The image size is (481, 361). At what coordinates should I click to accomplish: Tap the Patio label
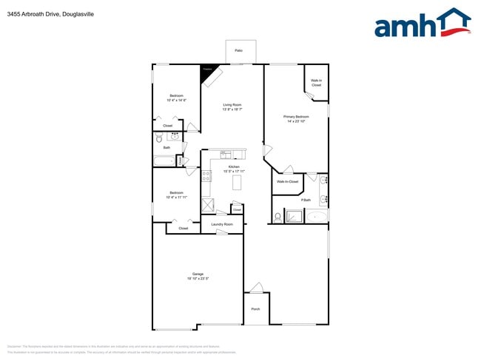[239, 50]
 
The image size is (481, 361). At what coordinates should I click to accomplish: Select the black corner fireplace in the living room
[206, 71]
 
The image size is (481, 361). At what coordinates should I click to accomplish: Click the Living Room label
[232, 105]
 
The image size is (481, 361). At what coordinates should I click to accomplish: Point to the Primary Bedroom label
[296, 117]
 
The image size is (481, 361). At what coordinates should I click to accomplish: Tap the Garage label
[198, 274]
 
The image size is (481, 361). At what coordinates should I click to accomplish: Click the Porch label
[255, 309]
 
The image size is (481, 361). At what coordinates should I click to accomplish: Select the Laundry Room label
[222, 224]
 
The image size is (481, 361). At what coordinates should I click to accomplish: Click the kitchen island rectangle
[237, 182]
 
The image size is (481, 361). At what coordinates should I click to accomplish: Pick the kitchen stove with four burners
[206, 176]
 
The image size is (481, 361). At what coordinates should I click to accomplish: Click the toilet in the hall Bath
[158, 138]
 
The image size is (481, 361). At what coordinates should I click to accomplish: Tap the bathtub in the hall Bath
[164, 161]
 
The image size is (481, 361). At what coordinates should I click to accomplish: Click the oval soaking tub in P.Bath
[317, 216]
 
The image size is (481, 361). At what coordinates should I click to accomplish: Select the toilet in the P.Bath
[277, 217]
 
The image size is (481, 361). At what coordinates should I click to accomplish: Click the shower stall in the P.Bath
[294, 216]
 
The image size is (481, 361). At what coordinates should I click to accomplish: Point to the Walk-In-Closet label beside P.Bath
[287, 181]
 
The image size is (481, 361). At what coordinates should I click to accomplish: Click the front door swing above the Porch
[256, 288]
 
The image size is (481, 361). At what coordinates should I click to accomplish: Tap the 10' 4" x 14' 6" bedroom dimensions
[176, 100]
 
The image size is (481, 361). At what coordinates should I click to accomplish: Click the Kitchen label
[234, 167]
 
